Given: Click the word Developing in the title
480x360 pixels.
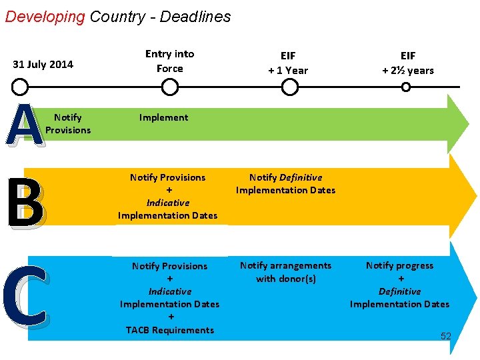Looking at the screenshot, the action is pyautogui.click(x=45, y=17).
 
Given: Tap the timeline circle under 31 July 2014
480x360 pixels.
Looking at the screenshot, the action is pyautogui.click(x=21, y=87).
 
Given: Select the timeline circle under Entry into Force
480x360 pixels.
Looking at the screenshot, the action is pyautogui.click(x=170, y=87).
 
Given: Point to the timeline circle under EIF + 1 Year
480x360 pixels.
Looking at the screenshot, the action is pyautogui.click(x=289, y=87).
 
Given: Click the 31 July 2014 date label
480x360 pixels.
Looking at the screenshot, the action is pyautogui.click(x=43, y=65).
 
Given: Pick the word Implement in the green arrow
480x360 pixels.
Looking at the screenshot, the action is pyautogui.click(x=163, y=117).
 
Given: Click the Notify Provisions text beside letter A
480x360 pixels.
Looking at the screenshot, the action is pyautogui.click(x=68, y=124).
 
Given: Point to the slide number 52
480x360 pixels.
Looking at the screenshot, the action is pyautogui.click(x=445, y=337).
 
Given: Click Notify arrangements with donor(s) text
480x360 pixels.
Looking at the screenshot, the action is pyautogui.click(x=285, y=272).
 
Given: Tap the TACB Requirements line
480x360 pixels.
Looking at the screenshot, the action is pyautogui.click(x=169, y=330).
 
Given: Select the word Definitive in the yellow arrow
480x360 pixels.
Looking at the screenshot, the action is pyautogui.click(x=301, y=177).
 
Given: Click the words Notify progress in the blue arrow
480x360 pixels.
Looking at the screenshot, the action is pyautogui.click(x=399, y=265).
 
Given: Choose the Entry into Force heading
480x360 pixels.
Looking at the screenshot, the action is pyautogui.click(x=170, y=61).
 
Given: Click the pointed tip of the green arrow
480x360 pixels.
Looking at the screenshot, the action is pyautogui.click(x=468, y=124).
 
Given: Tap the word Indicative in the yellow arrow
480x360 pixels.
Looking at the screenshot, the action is pyautogui.click(x=168, y=203).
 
